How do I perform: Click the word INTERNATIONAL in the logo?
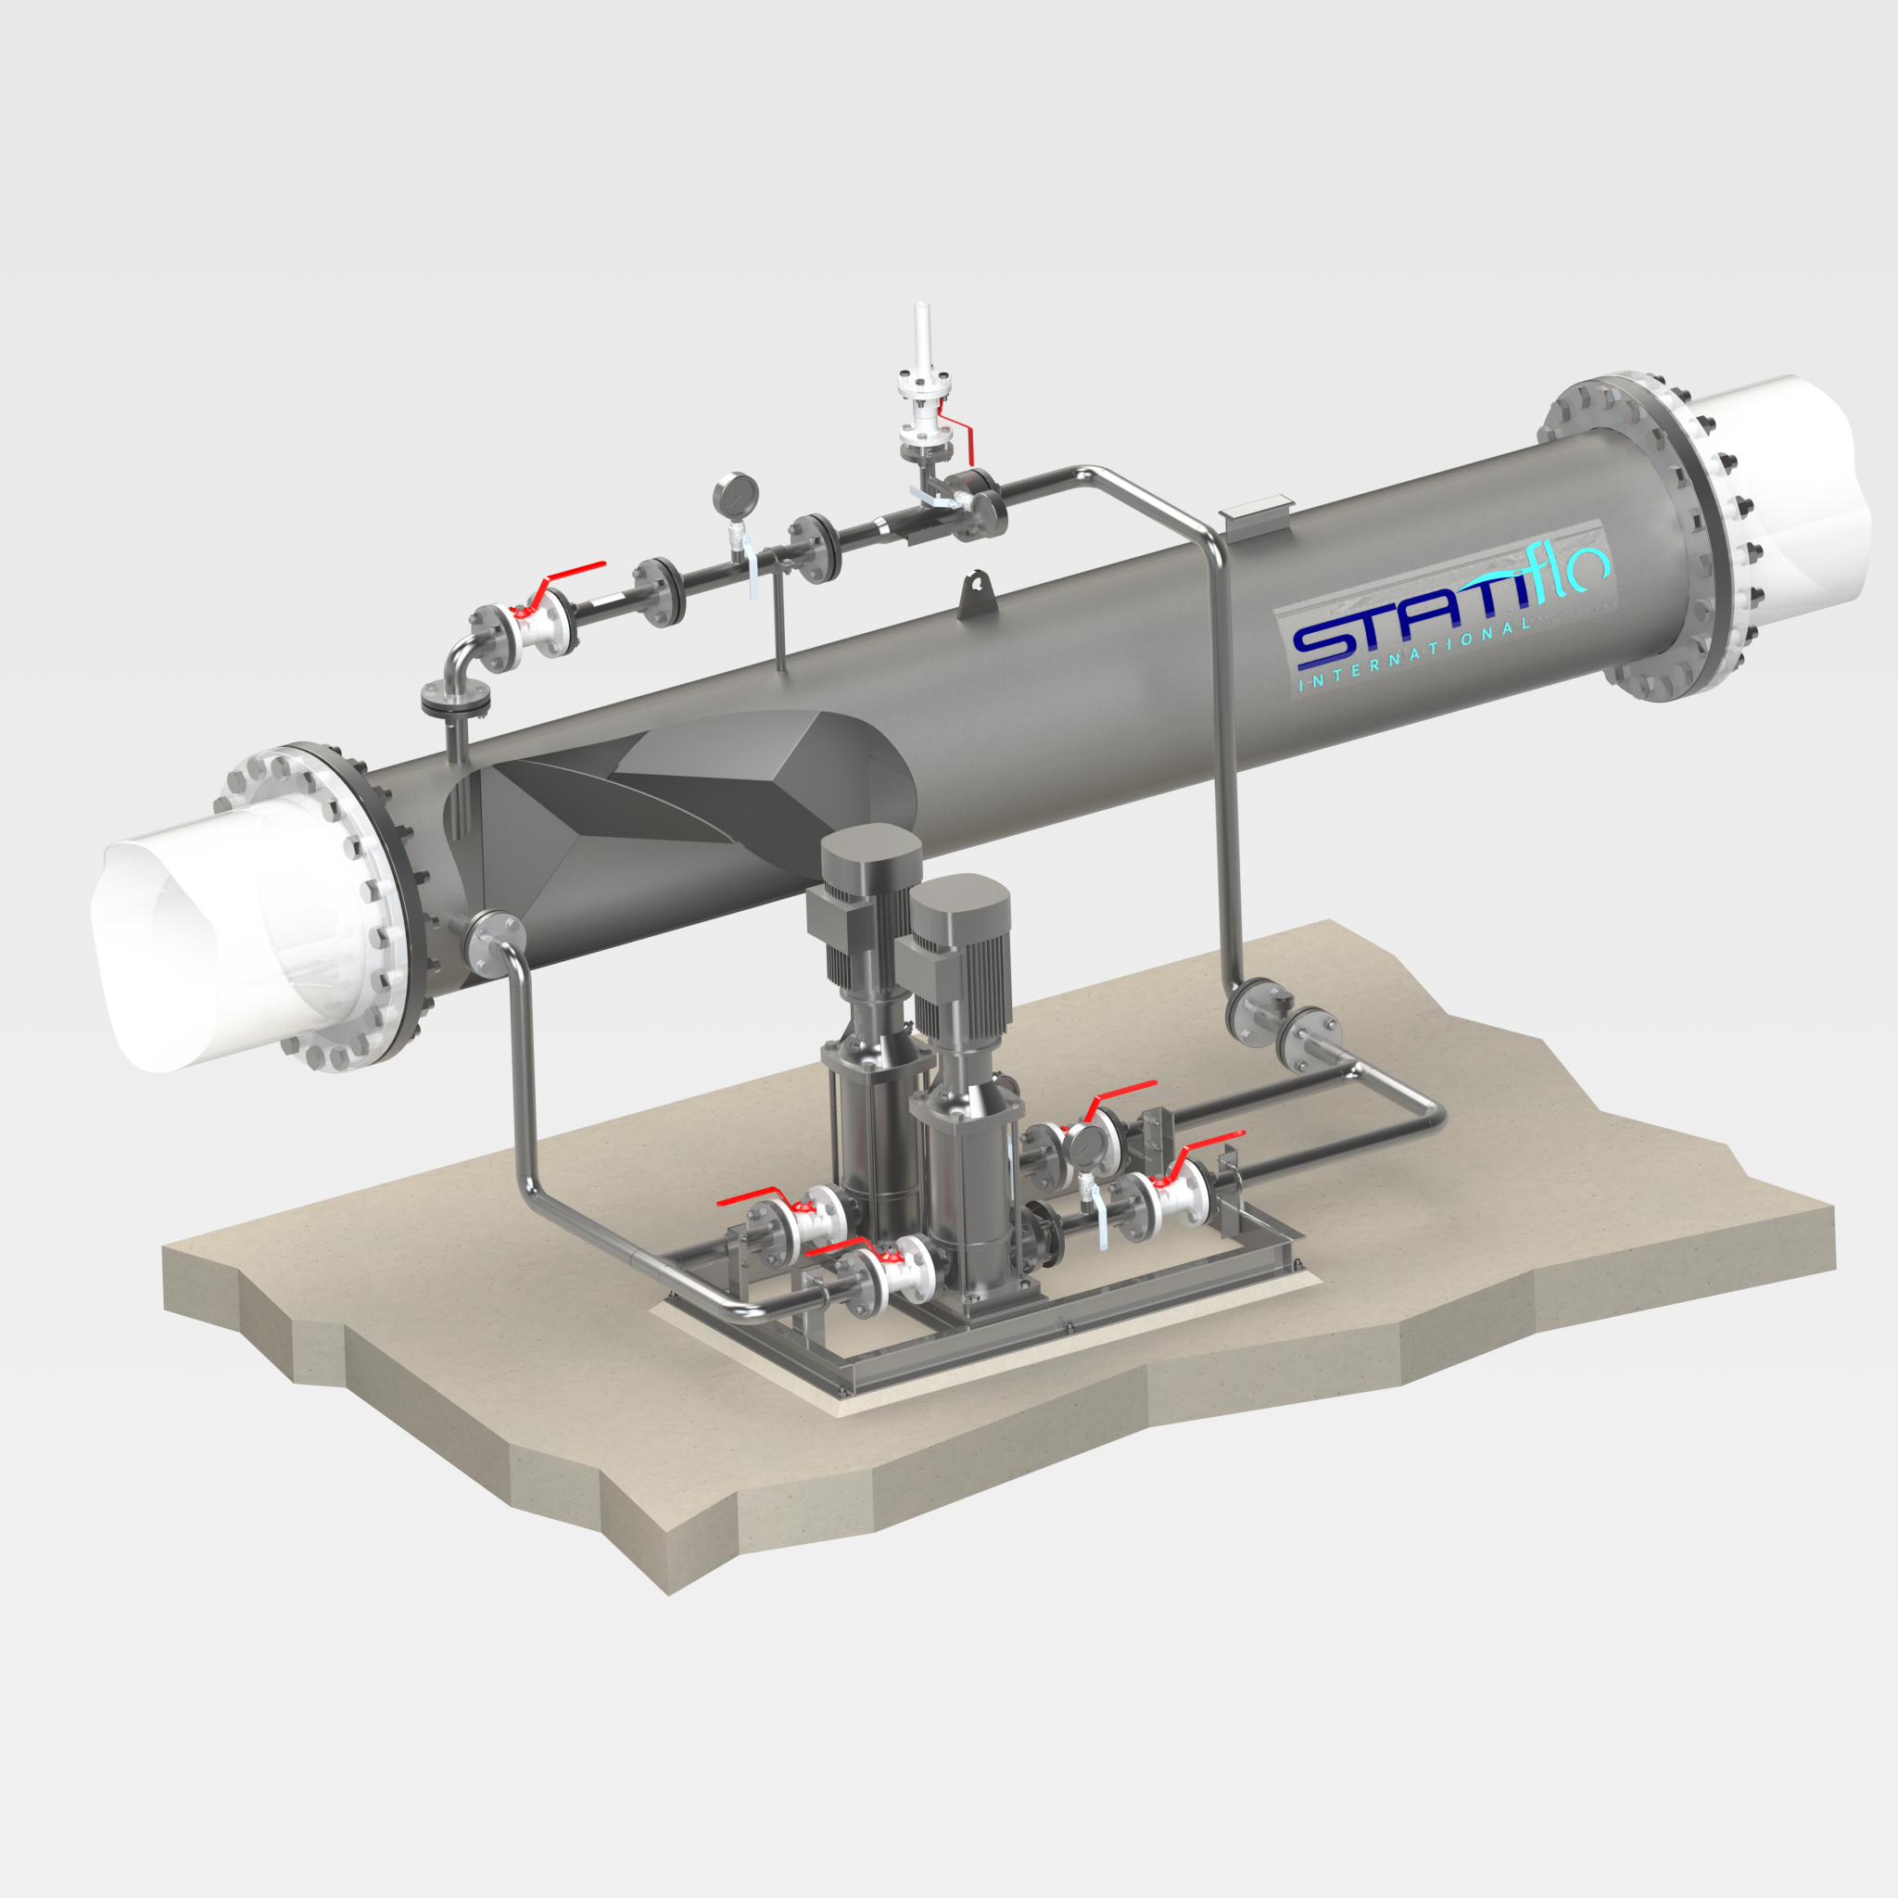pos(1414,655)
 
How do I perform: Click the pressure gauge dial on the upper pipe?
pos(737,493)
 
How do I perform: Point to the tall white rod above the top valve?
pos(921,334)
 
